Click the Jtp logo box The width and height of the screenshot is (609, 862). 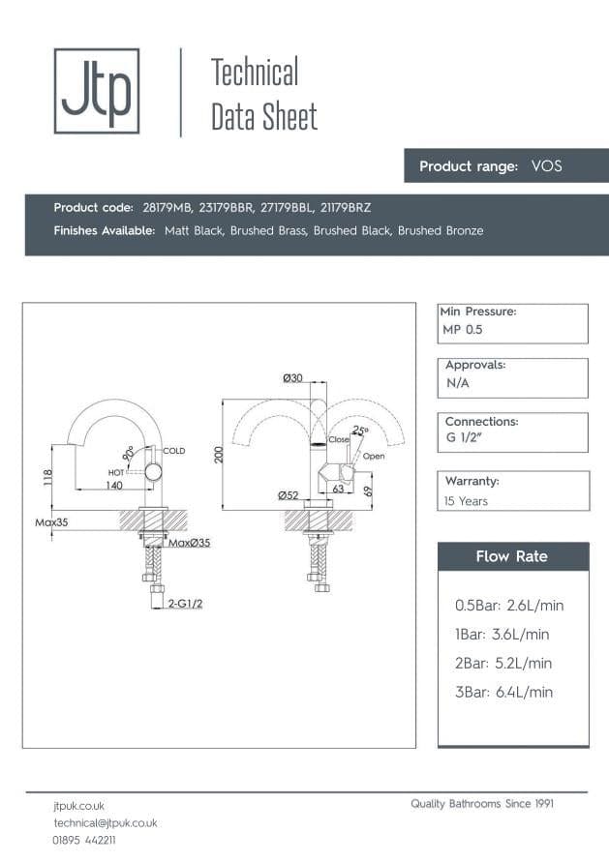point(96,90)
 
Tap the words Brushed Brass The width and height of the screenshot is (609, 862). point(267,231)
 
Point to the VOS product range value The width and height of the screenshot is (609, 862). point(546,166)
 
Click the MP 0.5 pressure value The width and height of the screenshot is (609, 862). point(462,330)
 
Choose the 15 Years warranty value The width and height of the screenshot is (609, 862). point(466,501)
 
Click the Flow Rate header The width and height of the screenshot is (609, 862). point(511,556)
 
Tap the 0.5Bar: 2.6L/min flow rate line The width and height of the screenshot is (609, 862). point(508,606)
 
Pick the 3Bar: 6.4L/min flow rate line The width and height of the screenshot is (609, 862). point(503,692)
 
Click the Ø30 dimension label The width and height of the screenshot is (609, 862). point(292,378)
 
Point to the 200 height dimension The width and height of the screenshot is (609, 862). point(219,455)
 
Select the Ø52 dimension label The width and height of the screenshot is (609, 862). point(288,495)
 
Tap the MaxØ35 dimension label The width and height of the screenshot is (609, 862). point(189,543)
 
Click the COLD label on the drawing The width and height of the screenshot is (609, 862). point(174,451)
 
